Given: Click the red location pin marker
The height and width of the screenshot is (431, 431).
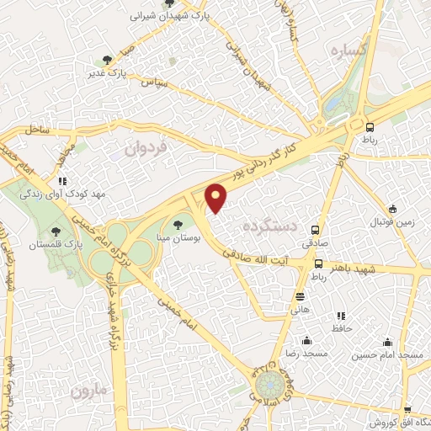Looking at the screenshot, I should pyautogui.click(x=217, y=199).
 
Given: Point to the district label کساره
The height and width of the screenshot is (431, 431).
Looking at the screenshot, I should pyautogui.click(x=350, y=51).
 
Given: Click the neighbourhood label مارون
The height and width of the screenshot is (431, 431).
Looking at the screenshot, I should pyautogui.click(x=90, y=391).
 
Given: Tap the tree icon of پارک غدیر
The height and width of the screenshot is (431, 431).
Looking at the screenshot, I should pyautogui.click(x=106, y=60).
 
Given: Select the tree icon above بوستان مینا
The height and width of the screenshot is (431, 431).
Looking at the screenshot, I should pyautogui.click(x=177, y=224).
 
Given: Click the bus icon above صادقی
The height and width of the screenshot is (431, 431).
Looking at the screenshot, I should pyautogui.click(x=316, y=230).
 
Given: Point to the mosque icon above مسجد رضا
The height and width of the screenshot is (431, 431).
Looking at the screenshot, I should pyautogui.click(x=306, y=341).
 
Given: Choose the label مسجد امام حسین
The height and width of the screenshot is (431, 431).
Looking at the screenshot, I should pyautogui.click(x=388, y=356).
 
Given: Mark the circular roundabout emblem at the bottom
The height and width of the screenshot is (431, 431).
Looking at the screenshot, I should pyautogui.click(x=270, y=387).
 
